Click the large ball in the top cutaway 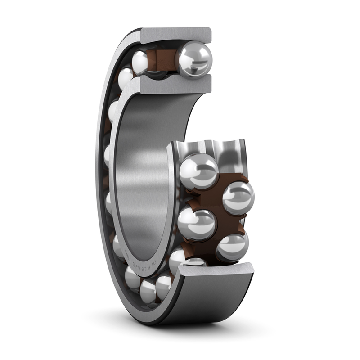(194, 59)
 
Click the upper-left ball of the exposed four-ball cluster (198, 171)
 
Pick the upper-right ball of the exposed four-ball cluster (238, 198)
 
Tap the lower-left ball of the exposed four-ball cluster (197, 224)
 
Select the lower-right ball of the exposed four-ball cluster (232, 247)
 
